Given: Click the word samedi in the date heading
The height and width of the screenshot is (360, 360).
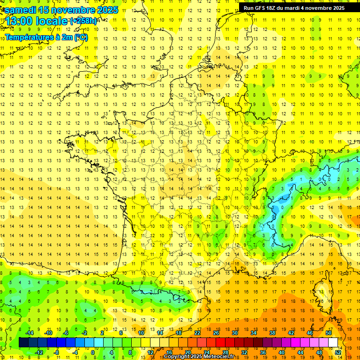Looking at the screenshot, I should coord(21,10).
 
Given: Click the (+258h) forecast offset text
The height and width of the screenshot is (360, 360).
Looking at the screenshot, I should coord(83,21).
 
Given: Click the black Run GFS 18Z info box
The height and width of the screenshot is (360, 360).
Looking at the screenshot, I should coord(294,7).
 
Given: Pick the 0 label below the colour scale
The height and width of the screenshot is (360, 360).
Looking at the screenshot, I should coord(92,352).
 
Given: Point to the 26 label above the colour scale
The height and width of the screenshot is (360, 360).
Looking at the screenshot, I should coord(216,333).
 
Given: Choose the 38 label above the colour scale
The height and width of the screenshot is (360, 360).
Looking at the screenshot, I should coord(272,333).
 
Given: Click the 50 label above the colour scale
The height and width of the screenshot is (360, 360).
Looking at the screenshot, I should coord(329,333).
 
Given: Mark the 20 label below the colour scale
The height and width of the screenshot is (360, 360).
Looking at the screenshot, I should coord(187,352).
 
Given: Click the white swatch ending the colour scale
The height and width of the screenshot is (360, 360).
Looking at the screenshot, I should coord(333,343).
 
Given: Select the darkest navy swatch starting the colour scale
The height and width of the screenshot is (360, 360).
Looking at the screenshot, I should coord(23,343).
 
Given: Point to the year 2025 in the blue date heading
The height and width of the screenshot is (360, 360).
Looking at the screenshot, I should coord(106,10).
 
